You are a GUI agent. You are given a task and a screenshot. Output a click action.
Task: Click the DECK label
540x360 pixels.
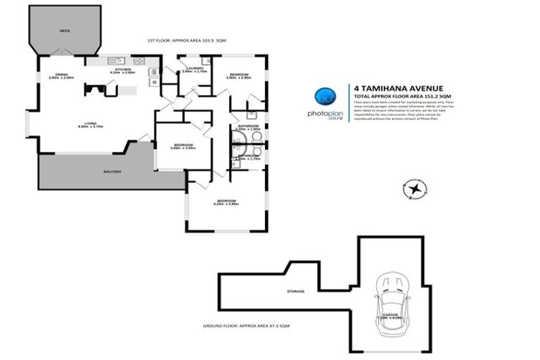point(65,31)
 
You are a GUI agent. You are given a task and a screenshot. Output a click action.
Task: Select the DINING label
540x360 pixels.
point(63,75)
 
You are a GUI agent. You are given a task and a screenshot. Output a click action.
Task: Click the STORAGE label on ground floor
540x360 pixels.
point(295,290)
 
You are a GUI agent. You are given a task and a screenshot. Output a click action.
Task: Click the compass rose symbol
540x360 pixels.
point(416,188)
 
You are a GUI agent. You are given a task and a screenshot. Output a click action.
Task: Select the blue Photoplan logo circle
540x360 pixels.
point(323,97)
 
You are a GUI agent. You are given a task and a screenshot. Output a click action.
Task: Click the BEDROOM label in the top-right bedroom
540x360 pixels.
point(239,74)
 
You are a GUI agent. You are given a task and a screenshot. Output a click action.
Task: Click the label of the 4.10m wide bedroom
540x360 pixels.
point(226,201)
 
